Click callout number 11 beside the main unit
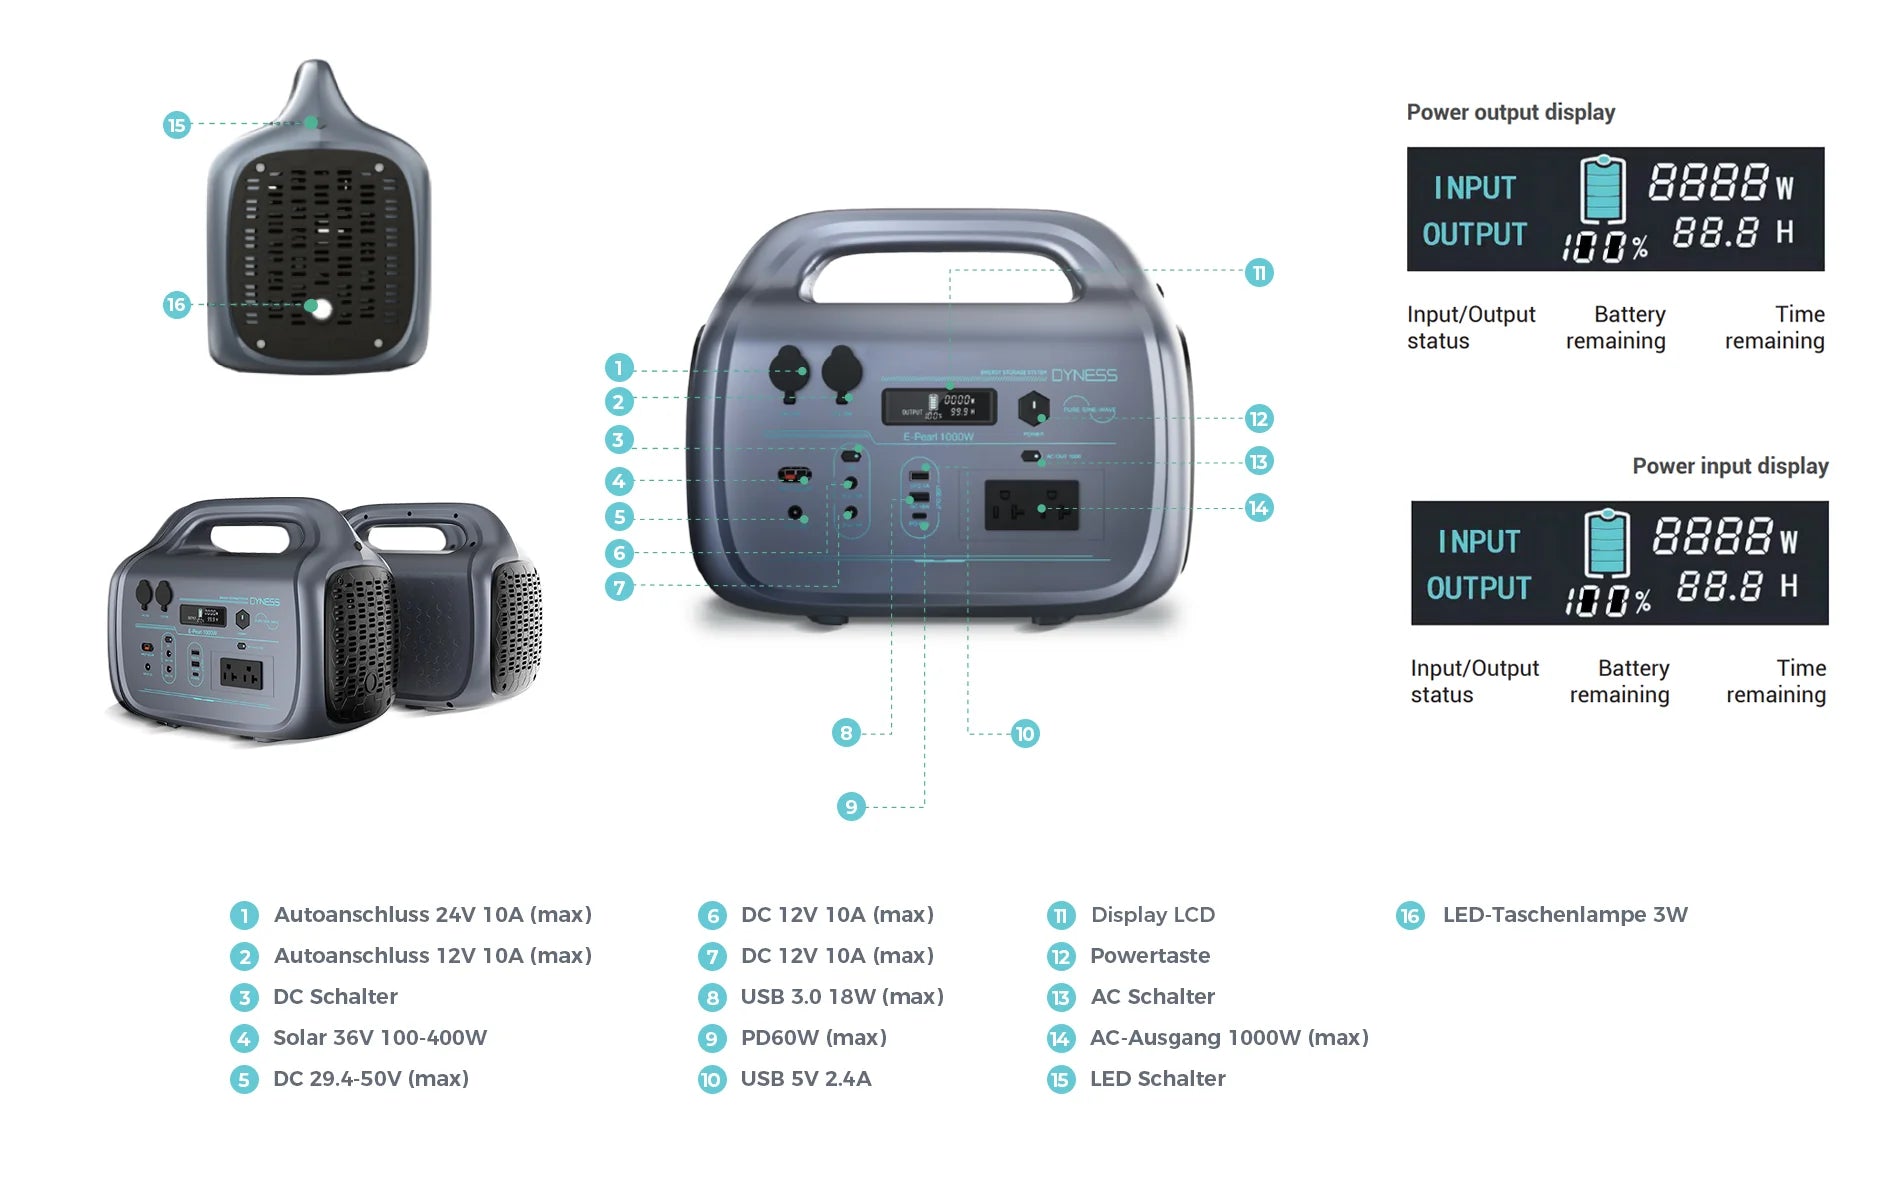(1258, 273)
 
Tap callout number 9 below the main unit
(850, 806)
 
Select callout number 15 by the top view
(177, 125)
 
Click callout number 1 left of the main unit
(619, 368)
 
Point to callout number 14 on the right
(1258, 508)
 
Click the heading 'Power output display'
(1510, 112)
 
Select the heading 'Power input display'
(1729, 466)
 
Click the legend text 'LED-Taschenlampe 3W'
(1564, 914)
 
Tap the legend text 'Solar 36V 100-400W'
(380, 1037)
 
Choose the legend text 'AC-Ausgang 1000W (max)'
(1229, 1037)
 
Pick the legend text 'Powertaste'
(1150, 955)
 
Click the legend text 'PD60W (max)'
(813, 1037)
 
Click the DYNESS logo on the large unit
(1084, 375)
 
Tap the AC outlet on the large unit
(1031, 505)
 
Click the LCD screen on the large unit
(938, 406)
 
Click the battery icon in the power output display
(1602, 189)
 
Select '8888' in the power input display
(1712, 537)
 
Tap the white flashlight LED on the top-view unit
(320, 308)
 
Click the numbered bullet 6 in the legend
(712, 915)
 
